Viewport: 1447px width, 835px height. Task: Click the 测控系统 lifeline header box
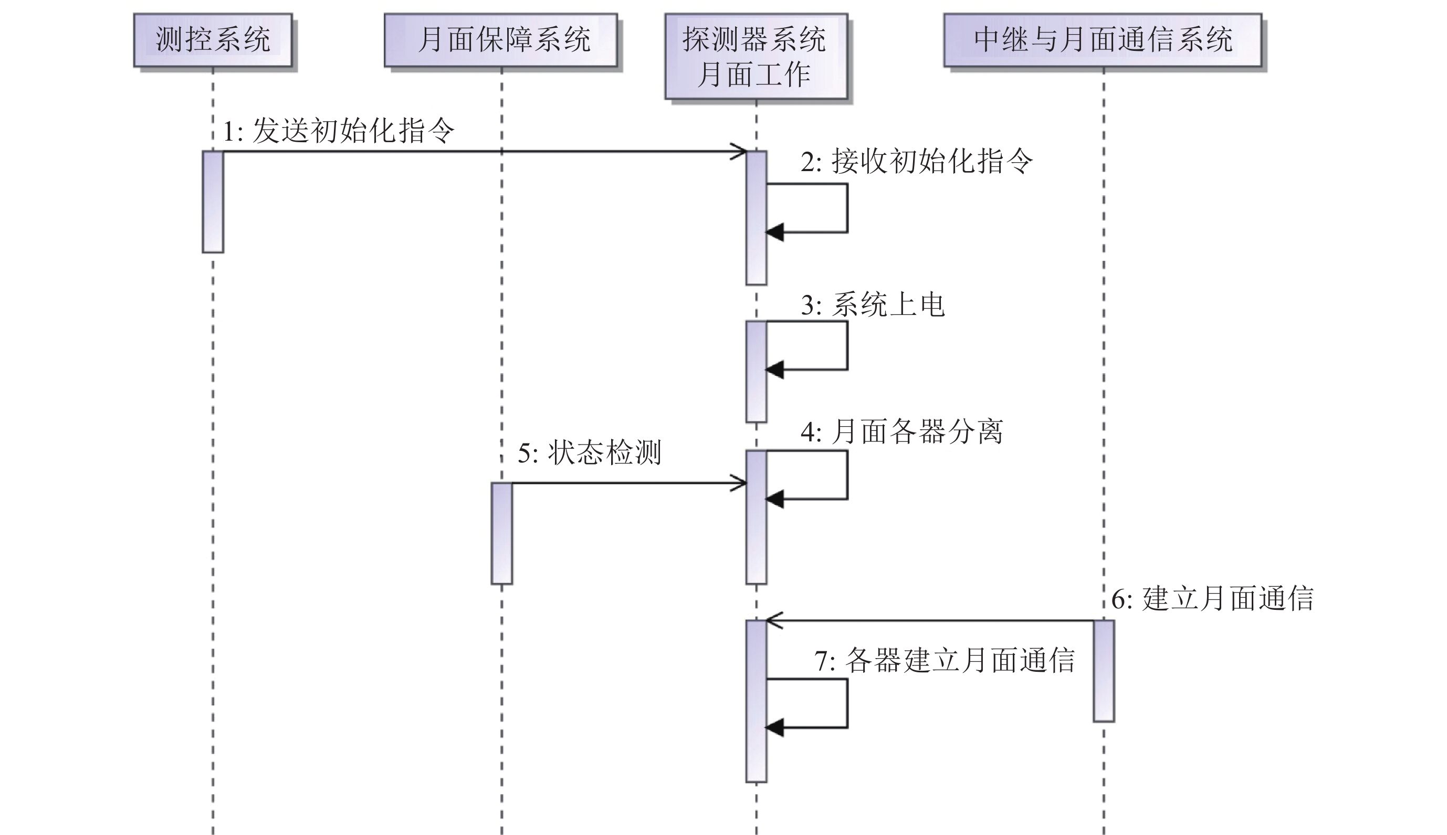(x=213, y=40)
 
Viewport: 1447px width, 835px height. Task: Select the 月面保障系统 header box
(x=501, y=40)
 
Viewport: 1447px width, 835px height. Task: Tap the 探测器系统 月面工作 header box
(x=756, y=57)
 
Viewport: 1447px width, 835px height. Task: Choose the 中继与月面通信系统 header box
(x=1102, y=40)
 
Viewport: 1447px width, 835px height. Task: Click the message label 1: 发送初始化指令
(x=338, y=131)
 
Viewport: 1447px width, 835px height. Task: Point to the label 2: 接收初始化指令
(x=917, y=161)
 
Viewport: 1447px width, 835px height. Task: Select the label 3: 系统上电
(x=872, y=304)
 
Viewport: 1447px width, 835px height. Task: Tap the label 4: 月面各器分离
(x=901, y=432)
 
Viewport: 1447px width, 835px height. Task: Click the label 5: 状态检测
(x=590, y=452)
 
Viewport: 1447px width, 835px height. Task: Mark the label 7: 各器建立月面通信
(x=945, y=661)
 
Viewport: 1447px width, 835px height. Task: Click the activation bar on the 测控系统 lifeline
(x=213, y=202)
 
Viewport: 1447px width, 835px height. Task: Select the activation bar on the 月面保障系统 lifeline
(x=502, y=533)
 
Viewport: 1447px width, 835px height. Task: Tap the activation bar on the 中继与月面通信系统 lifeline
(x=1104, y=670)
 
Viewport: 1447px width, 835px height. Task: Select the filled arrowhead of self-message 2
(x=775, y=232)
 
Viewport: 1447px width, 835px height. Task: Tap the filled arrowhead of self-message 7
(x=775, y=728)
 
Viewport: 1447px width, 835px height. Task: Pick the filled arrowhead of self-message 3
(x=775, y=370)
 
